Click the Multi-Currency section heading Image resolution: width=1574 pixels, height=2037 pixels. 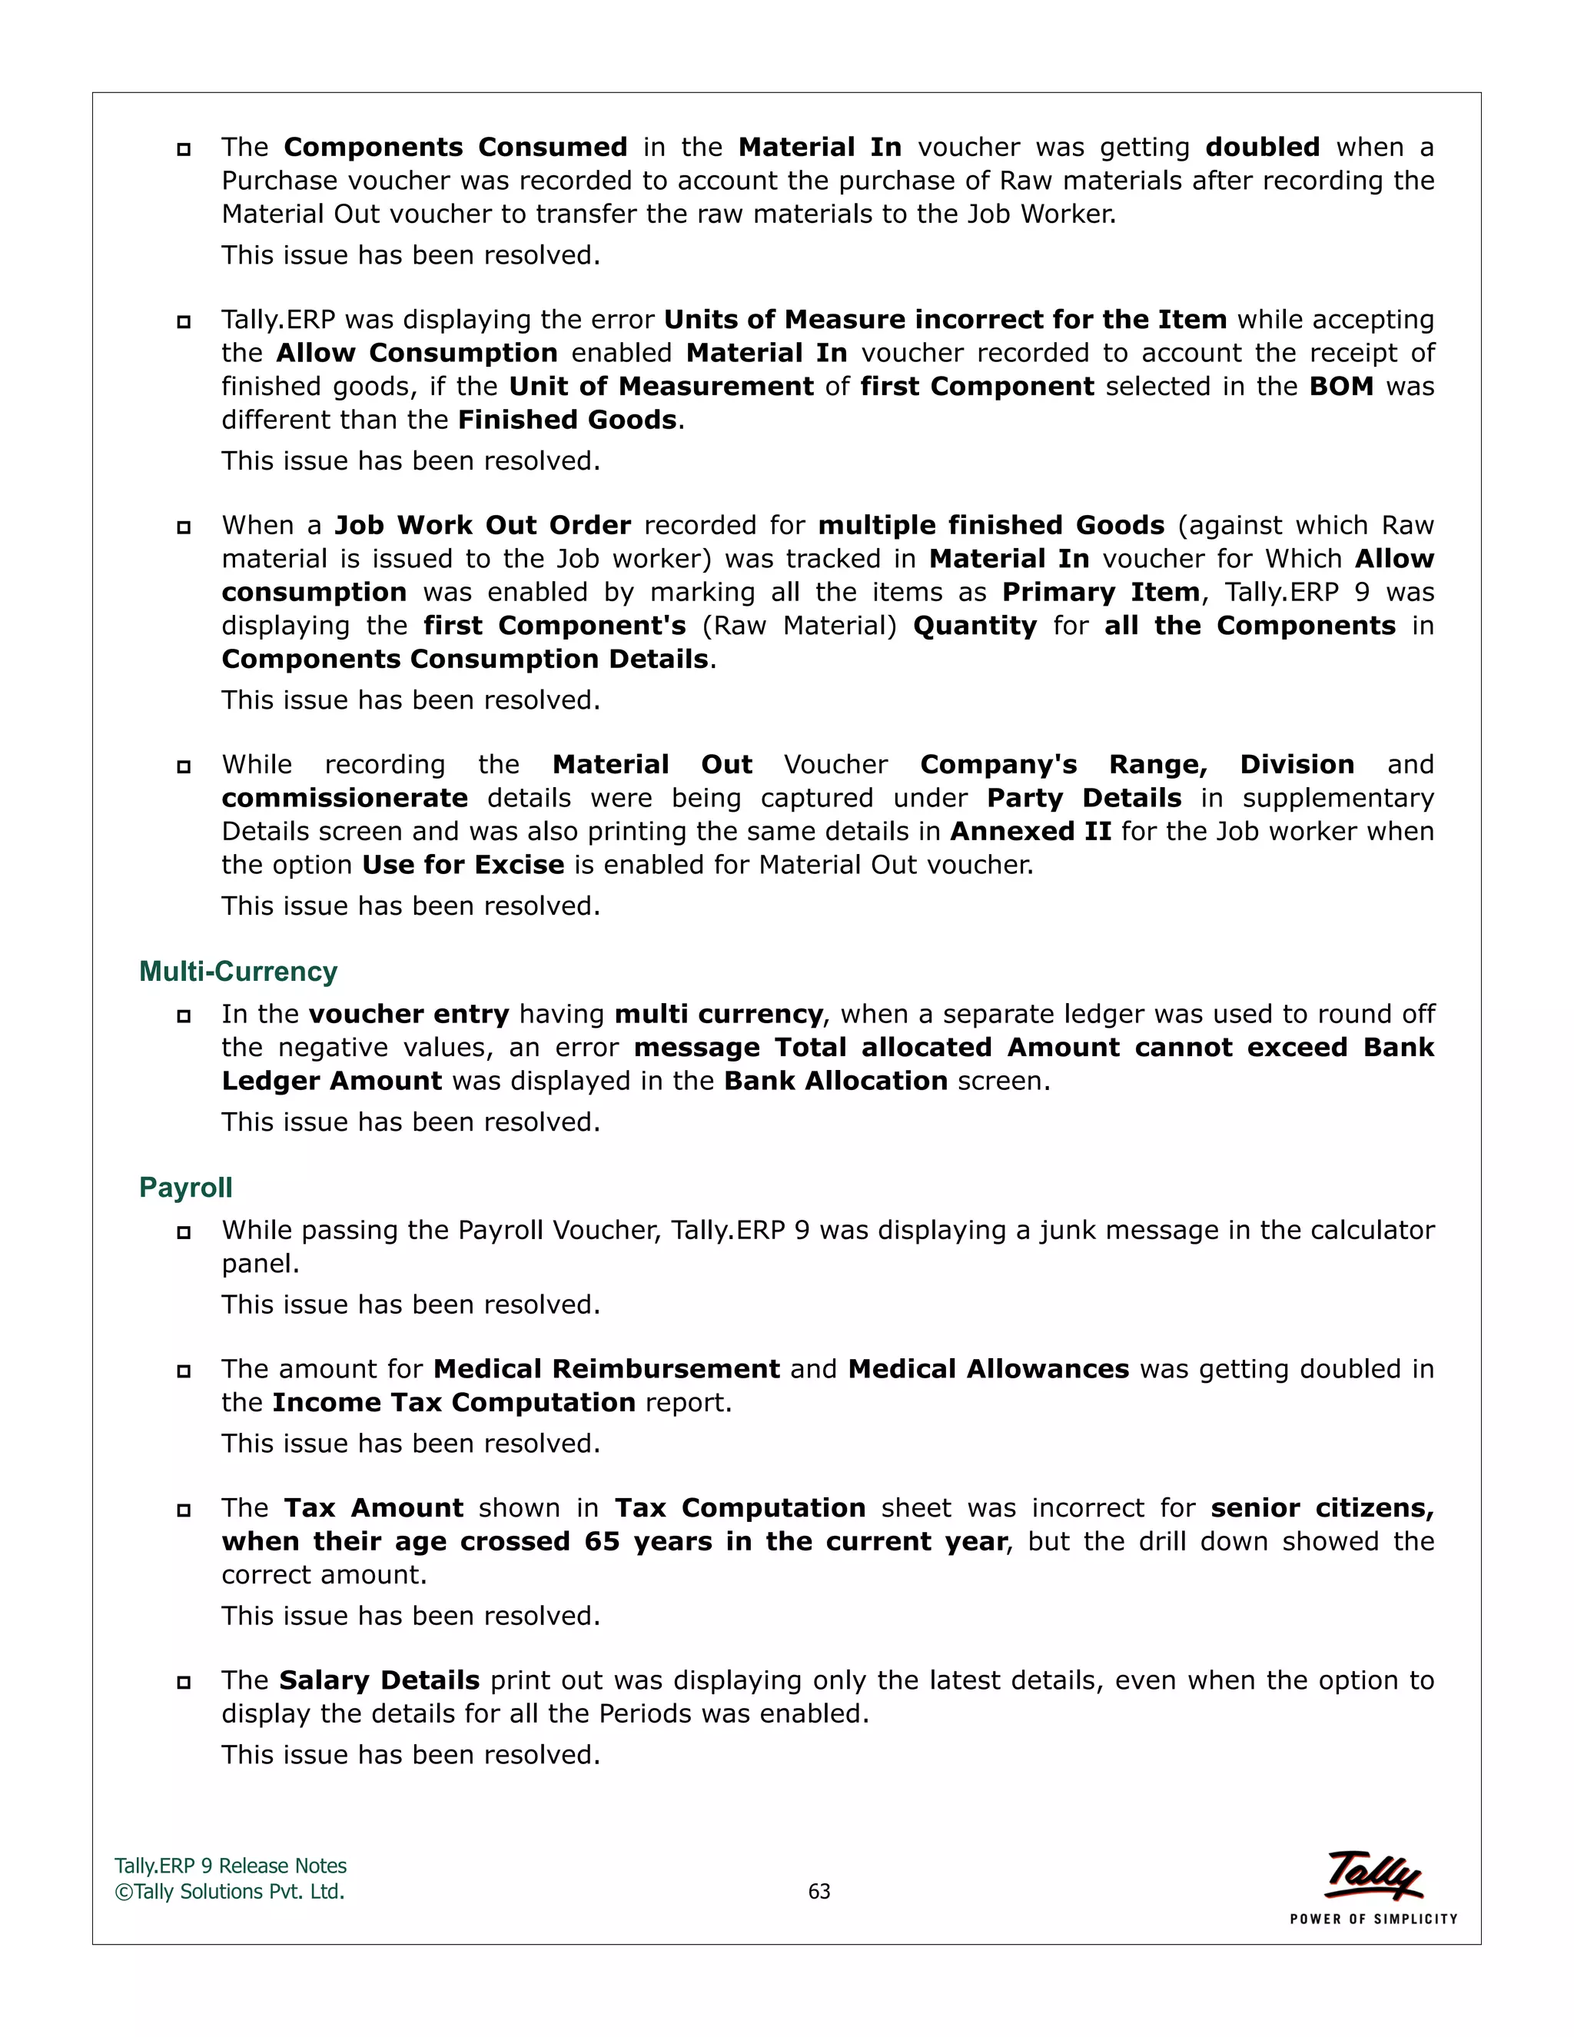(237, 972)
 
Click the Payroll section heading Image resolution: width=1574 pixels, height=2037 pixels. (185, 1188)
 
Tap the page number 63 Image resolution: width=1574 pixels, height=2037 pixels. (819, 1892)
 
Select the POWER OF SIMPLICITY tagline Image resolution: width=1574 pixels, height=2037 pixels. (1373, 1919)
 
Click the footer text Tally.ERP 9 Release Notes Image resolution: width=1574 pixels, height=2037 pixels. (231, 1866)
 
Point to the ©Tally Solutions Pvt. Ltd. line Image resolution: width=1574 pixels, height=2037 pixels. (229, 1892)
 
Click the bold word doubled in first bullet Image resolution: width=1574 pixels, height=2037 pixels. (1262, 148)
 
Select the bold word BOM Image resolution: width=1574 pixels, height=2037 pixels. (1341, 386)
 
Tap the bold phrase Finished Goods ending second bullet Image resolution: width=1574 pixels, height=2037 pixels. (567, 420)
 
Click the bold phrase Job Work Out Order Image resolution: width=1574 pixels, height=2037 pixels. (482, 525)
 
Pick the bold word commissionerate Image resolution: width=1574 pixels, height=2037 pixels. (344, 799)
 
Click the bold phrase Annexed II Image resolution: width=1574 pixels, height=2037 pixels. (1031, 831)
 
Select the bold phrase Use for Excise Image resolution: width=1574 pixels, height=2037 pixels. (463, 865)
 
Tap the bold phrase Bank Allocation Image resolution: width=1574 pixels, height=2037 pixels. (835, 1081)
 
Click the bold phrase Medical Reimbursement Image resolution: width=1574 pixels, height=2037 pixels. (606, 1369)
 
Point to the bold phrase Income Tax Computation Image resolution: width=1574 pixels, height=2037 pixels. (453, 1403)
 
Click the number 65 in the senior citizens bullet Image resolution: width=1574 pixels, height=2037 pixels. (602, 1542)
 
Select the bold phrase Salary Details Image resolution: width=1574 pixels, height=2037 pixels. (379, 1680)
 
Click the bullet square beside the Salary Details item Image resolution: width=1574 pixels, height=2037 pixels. (184, 1683)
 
